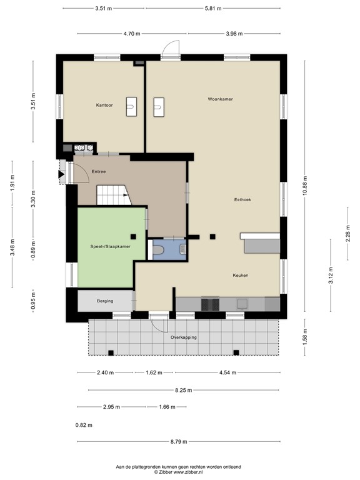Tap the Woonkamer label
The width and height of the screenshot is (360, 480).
pos(221,99)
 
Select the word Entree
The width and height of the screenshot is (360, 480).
pos(99,171)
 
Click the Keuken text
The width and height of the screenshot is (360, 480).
pos(241,275)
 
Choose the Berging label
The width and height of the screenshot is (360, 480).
pos(105,301)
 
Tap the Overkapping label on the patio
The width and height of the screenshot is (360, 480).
pos(184,337)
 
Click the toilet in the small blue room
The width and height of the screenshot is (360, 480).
pos(159,250)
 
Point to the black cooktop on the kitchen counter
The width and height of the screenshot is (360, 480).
pos(209,304)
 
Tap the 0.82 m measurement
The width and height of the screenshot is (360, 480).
pos(83,425)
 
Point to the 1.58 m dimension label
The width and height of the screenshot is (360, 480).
pos(305,335)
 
